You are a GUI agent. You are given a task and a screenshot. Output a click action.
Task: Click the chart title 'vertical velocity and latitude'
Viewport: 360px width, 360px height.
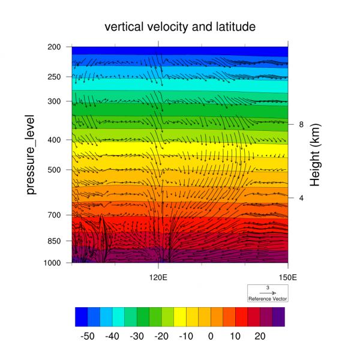(x=180, y=27)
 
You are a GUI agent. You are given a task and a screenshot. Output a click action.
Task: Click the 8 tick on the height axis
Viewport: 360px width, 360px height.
(x=301, y=125)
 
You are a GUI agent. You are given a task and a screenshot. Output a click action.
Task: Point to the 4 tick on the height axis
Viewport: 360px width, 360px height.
(x=301, y=197)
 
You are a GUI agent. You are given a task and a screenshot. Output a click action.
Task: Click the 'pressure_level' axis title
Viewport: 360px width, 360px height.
(x=33, y=155)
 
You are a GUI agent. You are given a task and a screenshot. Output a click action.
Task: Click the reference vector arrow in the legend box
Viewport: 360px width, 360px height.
(x=268, y=293)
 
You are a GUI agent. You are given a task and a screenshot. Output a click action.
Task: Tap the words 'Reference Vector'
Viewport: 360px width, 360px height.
(x=268, y=298)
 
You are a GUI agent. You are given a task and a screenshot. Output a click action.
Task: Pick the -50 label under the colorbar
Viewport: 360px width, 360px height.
(x=88, y=336)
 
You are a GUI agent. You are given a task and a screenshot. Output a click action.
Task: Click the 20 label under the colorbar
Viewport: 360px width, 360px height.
(x=260, y=336)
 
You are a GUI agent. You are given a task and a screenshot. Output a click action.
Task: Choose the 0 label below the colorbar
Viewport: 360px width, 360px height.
(x=211, y=336)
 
